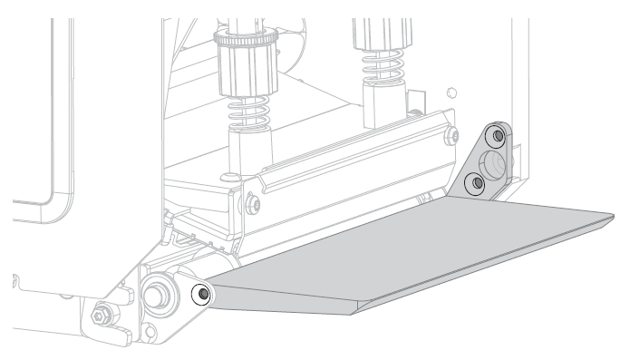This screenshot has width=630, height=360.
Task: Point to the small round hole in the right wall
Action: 451,91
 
